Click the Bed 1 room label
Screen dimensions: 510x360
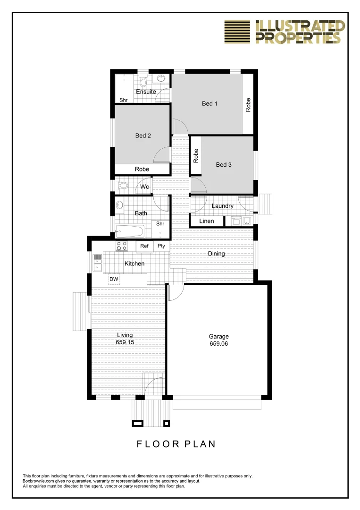[x=209, y=103]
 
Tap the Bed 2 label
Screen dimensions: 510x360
[x=143, y=136]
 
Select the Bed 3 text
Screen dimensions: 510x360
[x=224, y=165]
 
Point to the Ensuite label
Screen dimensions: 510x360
[x=146, y=92]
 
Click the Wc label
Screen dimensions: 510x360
[x=145, y=187]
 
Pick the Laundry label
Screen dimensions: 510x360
[x=223, y=206]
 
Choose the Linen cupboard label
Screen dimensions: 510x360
[x=207, y=221]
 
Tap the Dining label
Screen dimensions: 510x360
[x=217, y=254]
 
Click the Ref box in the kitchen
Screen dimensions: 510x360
[x=144, y=246]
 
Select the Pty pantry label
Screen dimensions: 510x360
[x=161, y=246]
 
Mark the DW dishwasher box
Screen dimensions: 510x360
[x=114, y=279]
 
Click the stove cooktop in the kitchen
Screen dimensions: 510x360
[x=122, y=246]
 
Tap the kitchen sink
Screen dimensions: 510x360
[x=98, y=263]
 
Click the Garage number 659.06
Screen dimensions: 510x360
[x=218, y=344]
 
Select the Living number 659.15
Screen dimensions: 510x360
[x=125, y=342]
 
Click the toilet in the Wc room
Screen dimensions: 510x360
[x=120, y=185]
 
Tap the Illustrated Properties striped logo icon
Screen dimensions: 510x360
[x=238, y=32]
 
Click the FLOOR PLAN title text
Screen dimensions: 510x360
[x=176, y=444]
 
